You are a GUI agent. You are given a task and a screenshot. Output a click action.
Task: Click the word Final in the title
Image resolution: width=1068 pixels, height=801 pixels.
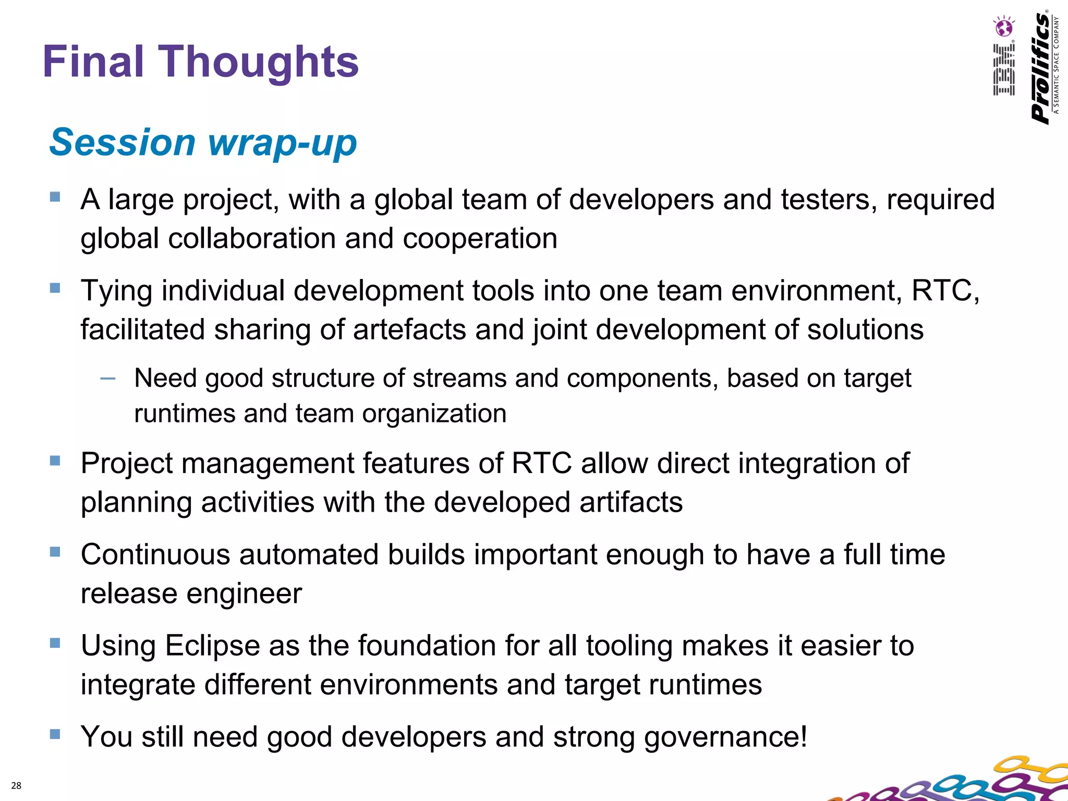pyautogui.click(x=93, y=62)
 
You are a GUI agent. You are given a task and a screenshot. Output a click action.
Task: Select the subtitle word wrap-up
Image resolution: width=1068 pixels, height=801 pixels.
pyautogui.click(x=282, y=143)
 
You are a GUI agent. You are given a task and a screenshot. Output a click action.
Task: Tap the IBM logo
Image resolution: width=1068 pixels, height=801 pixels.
pyautogui.click(x=1003, y=70)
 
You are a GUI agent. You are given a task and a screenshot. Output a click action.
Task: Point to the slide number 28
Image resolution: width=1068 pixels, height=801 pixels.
pyautogui.click(x=16, y=785)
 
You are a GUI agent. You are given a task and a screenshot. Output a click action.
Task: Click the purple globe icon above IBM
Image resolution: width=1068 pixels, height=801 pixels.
pyautogui.click(x=1004, y=27)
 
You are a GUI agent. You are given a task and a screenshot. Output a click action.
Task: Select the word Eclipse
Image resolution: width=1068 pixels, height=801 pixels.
pyautogui.click(x=212, y=646)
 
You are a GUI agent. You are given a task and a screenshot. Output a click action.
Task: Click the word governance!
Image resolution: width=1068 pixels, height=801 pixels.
pyautogui.click(x=725, y=737)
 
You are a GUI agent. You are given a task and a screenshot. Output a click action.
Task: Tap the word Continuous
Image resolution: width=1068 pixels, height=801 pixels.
pyautogui.click(x=155, y=554)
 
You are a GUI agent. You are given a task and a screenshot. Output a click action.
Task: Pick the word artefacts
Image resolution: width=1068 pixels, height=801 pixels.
pyautogui.click(x=409, y=330)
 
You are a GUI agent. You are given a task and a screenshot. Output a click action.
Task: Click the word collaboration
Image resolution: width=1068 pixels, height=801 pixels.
pyautogui.click(x=252, y=239)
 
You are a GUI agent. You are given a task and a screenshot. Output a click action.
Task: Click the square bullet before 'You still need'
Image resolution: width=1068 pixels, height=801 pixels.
pyautogui.click(x=55, y=734)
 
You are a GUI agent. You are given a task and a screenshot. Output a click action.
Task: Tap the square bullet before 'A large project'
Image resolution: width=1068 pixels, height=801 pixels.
pyautogui.click(x=55, y=197)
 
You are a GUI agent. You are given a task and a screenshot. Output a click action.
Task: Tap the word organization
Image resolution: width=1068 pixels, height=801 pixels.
pyautogui.click(x=434, y=414)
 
